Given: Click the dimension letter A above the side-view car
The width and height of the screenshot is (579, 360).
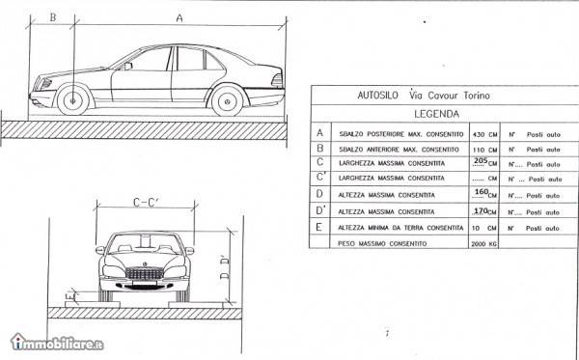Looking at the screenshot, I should [x=179, y=17].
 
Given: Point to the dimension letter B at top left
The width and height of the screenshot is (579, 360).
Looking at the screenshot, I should [x=52, y=17].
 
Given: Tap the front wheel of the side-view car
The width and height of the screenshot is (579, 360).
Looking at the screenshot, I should [x=71, y=99].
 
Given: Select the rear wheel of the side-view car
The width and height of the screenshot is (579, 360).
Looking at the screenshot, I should [x=228, y=99].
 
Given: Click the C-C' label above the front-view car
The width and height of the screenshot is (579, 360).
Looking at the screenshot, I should [x=145, y=204].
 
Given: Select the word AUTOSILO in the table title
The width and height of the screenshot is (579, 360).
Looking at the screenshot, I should [x=372, y=96].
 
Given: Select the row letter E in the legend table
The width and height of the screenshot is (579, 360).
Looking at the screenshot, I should [x=319, y=227].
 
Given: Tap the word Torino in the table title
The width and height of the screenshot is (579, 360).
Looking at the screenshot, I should [x=470, y=96].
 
